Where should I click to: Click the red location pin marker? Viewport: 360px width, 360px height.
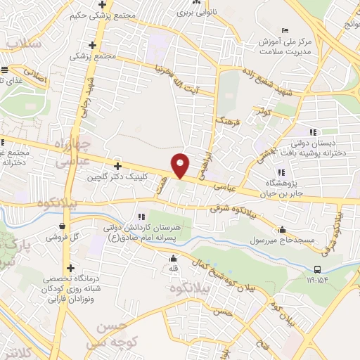tap(181, 165)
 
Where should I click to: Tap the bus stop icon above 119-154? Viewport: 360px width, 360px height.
tap(318, 269)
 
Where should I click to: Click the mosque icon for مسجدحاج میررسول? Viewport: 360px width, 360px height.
tap(282, 229)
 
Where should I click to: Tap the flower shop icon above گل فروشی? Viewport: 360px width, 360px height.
tap(65, 226)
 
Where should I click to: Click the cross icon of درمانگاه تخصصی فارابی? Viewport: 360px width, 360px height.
tap(70, 268)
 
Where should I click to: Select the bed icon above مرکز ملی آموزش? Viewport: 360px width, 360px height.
tap(284, 30)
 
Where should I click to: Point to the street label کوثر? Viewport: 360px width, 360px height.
tap(264, 110)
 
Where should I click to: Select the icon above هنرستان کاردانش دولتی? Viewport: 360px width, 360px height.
tap(141, 216)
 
